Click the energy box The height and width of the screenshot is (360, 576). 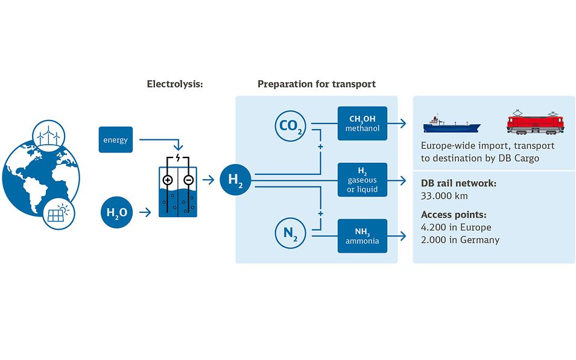tap(115, 140)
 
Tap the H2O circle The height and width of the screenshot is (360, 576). tap(116, 212)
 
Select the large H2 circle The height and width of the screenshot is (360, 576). tap(235, 179)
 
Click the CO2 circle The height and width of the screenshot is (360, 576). tap(291, 126)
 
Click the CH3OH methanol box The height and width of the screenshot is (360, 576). tap(362, 124)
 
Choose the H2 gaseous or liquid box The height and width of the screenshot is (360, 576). tap(362, 179)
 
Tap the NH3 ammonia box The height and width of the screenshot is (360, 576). tap(362, 236)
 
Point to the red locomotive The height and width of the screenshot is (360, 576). tap(535, 122)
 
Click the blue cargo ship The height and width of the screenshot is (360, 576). tap(451, 124)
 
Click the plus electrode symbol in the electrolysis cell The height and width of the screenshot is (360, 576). tap(168, 180)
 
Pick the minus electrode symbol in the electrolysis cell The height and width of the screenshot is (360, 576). tap(188, 180)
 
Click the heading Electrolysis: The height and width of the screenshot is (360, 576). tap(175, 84)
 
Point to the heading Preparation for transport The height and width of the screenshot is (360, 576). tap(316, 84)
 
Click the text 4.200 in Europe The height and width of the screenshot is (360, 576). tap(456, 227)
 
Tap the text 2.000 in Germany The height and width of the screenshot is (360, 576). tap(460, 240)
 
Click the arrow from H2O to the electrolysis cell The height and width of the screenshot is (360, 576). tap(145, 212)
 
